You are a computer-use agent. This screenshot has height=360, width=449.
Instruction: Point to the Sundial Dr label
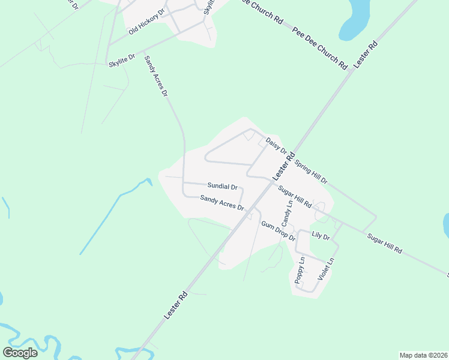223,186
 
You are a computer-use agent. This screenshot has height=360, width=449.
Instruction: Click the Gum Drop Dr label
278,230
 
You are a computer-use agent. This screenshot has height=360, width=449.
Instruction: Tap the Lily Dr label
321,237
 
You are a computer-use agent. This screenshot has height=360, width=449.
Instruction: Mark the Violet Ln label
325,268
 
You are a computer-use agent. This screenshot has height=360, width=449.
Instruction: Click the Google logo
20,352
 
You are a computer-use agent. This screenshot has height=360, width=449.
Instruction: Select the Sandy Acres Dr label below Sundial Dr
222,203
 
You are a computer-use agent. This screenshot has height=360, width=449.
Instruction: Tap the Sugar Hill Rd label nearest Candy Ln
294,197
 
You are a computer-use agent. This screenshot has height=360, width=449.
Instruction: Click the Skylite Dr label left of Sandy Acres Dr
122,61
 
